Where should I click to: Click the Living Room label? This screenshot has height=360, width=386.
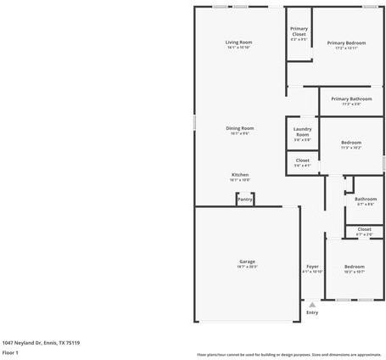(x=238, y=42)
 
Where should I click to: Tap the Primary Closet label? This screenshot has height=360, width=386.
(x=299, y=31)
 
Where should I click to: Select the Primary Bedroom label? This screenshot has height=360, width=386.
(x=346, y=42)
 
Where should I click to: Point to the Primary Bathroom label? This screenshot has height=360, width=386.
(x=351, y=98)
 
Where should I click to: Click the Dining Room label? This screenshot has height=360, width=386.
(x=239, y=128)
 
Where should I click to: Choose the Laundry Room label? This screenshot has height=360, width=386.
(x=302, y=132)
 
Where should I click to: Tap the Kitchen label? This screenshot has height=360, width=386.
(x=239, y=175)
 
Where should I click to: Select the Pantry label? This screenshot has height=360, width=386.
(x=244, y=200)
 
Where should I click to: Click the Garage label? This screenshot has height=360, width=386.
(x=247, y=262)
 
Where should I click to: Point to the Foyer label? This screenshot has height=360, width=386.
(x=312, y=267)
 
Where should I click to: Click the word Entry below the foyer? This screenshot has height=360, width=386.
(x=312, y=312)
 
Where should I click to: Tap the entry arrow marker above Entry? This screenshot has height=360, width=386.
(x=312, y=303)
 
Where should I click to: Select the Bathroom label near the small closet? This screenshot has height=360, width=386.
(x=366, y=200)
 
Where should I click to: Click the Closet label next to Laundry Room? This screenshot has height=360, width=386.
(x=302, y=160)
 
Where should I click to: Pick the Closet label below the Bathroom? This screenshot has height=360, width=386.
(x=364, y=228)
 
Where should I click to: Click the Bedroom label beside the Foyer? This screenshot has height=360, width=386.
(x=354, y=267)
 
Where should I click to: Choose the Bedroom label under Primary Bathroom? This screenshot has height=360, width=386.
(x=351, y=143)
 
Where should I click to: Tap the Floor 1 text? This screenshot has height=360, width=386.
(x=10, y=352)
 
